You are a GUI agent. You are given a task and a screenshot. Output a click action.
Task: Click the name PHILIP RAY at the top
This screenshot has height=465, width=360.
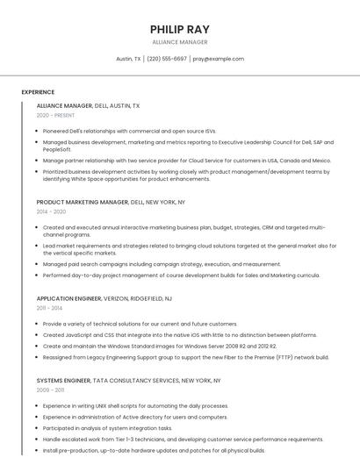pos(180,29)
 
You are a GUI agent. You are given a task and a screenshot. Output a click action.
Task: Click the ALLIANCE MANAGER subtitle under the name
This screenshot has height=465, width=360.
pos(180,42)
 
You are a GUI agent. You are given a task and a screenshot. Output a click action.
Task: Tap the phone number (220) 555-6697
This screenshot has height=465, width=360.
pos(167,59)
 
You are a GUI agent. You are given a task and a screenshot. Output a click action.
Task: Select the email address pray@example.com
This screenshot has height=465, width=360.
pos(218,59)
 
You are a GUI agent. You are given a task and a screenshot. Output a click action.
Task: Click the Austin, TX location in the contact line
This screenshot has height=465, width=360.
pos(128,59)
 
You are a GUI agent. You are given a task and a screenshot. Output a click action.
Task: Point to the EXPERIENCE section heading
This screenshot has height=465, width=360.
pos(38,92)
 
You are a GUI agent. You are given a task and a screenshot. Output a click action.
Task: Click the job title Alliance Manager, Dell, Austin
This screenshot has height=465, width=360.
pos(88,105)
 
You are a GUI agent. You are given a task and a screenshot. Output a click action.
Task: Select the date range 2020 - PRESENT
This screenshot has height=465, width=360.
pos(55,115)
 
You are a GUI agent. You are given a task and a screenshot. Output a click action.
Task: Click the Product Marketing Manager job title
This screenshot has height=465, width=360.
pos(111,202)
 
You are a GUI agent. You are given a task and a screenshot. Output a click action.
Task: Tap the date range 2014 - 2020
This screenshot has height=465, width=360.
pos(51,211)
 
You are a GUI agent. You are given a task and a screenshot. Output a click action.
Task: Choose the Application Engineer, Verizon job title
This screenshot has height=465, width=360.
pos(104,298)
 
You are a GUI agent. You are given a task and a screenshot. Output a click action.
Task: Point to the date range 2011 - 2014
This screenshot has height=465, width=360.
pos(49,308)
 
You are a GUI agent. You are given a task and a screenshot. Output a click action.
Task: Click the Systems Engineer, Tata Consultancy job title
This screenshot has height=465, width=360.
pos(128,381)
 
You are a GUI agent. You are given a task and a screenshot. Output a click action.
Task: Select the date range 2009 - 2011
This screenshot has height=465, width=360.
pos(50,390)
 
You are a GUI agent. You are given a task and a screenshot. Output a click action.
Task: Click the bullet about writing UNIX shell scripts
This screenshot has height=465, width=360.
pos(135,406)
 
